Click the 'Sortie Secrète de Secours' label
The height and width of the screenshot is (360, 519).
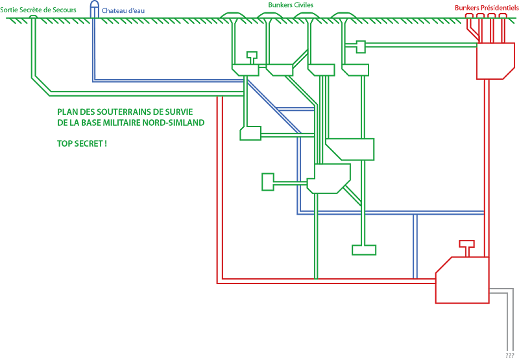(38, 10)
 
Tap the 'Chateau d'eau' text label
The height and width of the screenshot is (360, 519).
(123, 10)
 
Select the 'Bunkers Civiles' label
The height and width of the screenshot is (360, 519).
(291, 5)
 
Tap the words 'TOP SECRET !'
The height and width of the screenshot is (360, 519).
(82, 143)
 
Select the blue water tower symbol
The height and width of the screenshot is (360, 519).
(95, 8)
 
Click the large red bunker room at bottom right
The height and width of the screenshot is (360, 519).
(461, 280)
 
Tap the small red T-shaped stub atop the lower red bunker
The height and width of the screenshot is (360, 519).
(466, 245)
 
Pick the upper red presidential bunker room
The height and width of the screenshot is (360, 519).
(495, 60)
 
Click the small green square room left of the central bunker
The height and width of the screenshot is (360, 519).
(268, 182)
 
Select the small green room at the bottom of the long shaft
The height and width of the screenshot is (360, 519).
(364, 249)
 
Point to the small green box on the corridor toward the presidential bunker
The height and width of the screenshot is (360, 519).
(361, 46)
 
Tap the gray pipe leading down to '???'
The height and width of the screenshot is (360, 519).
(507, 318)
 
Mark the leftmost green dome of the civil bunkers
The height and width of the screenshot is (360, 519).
(234, 15)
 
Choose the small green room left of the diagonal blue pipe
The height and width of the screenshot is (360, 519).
(250, 134)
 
